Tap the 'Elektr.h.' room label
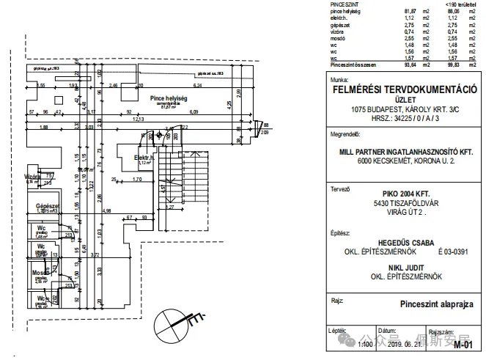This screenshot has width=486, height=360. [144, 157]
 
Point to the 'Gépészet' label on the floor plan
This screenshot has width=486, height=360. [47, 207]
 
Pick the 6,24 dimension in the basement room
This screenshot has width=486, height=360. [199, 74]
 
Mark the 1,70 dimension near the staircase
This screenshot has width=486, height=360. [137, 179]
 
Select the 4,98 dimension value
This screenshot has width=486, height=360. [107, 211]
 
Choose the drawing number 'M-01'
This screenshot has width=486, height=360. [462, 345]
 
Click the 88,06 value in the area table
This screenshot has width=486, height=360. [452, 12]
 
